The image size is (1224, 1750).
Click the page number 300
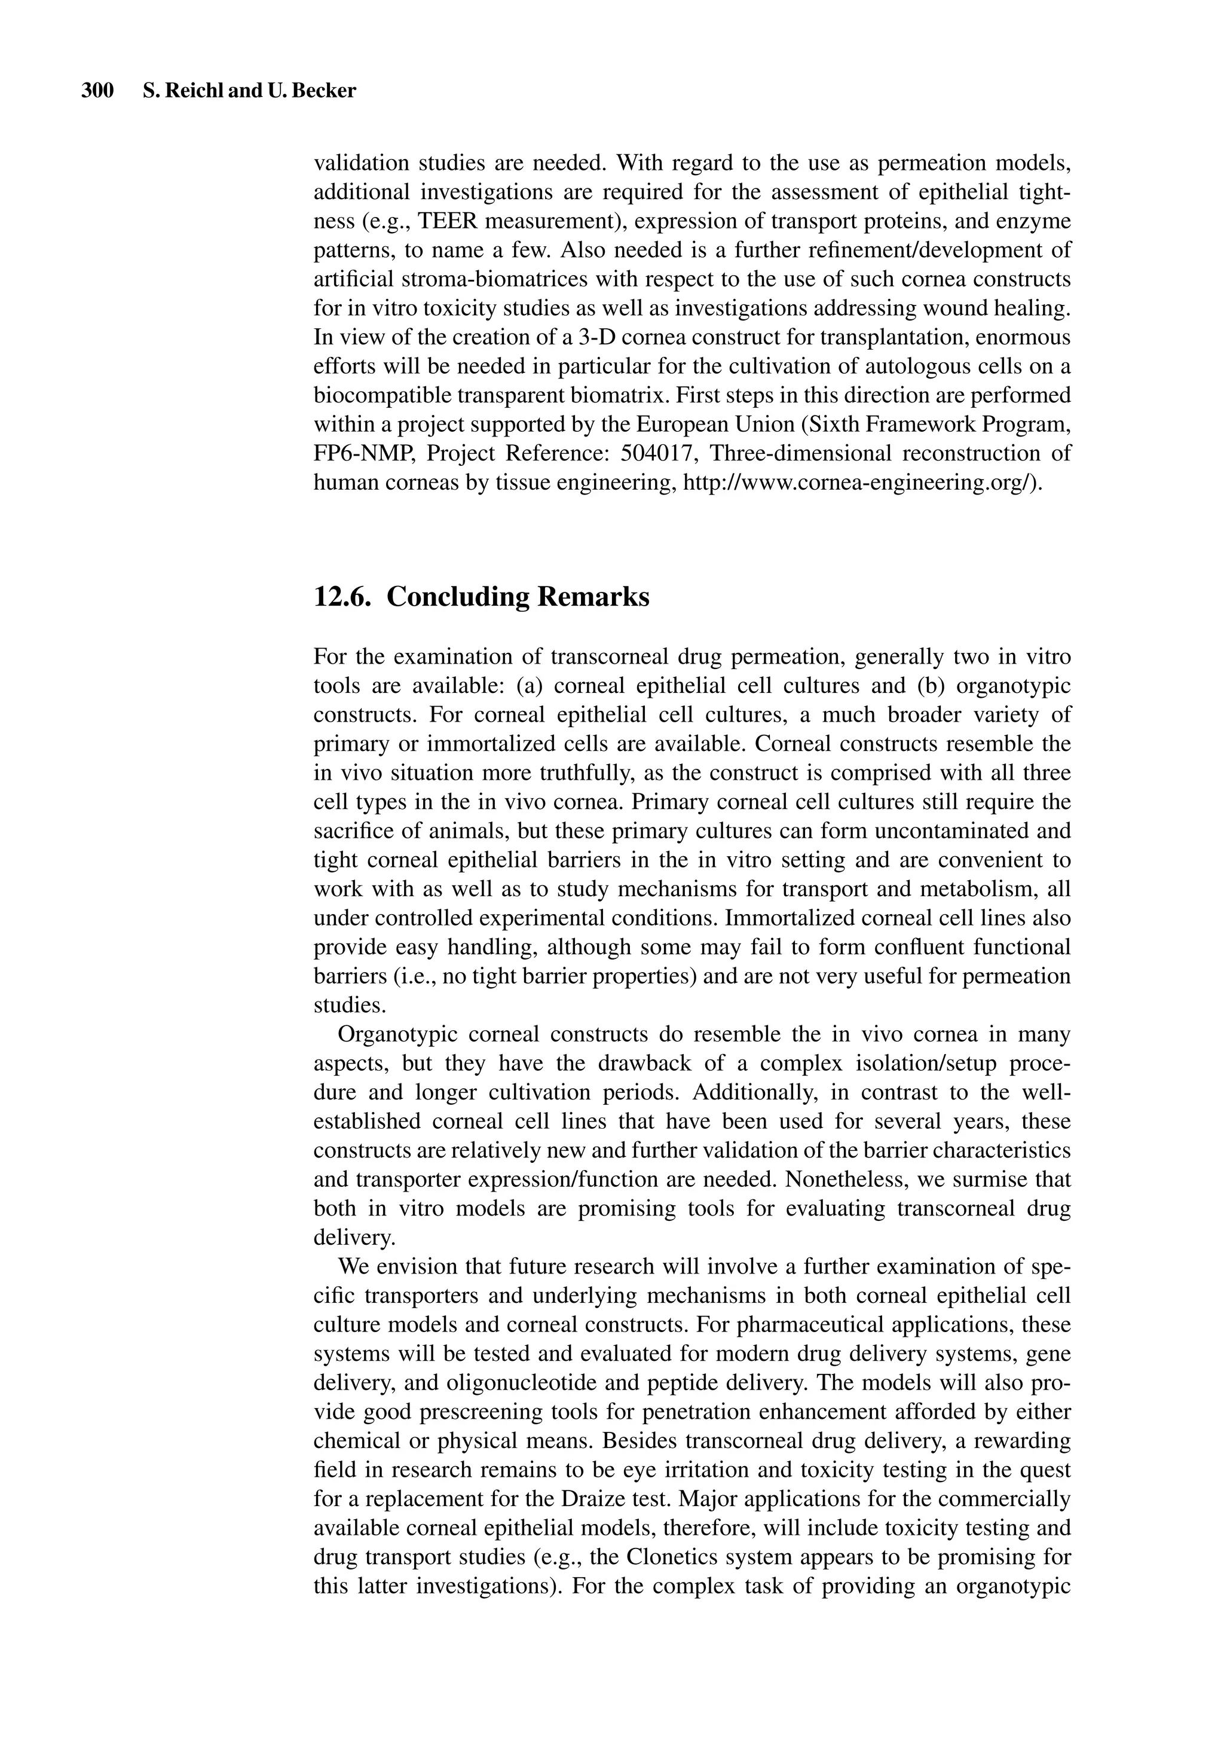coord(97,91)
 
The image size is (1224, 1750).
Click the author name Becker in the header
coord(329,91)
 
